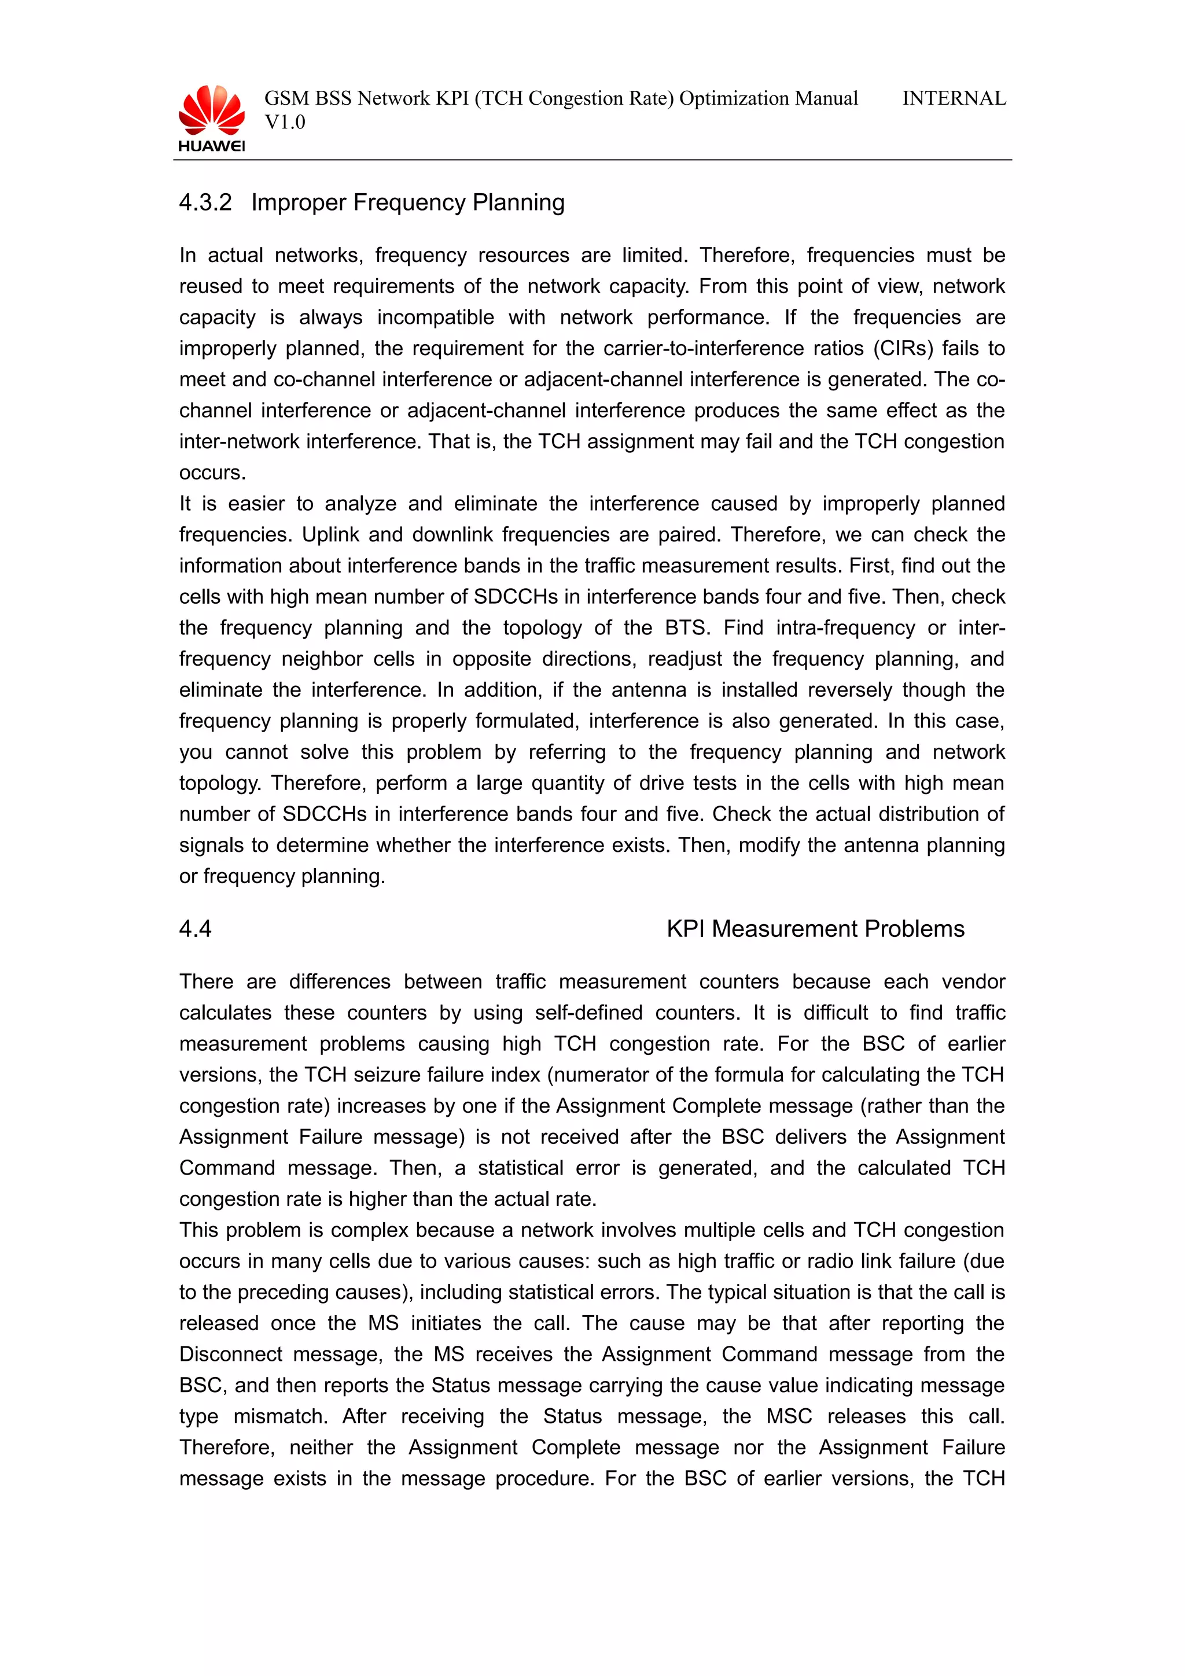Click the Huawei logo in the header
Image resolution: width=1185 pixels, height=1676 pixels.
click(x=212, y=118)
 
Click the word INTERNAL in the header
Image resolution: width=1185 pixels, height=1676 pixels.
click(x=954, y=98)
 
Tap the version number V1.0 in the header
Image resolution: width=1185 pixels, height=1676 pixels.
click(x=285, y=123)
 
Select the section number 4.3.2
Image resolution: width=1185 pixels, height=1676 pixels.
click(x=205, y=202)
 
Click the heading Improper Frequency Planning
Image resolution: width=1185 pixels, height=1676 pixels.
click(x=407, y=202)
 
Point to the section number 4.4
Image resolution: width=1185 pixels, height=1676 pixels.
click(x=195, y=929)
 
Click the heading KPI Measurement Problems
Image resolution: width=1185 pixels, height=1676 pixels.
click(x=815, y=929)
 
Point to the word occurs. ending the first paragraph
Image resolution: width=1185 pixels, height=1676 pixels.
click(x=212, y=472)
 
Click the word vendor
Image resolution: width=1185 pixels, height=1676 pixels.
click(x=973, y=982)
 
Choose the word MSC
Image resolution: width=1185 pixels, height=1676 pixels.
click(x=789, y=1416)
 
